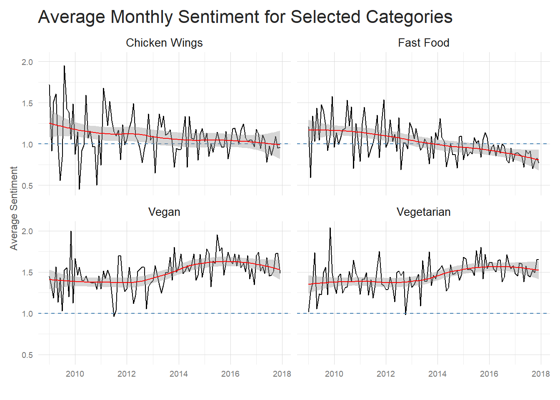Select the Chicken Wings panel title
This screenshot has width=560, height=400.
(x=164, y=43)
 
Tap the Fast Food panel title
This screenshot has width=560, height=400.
(x=423, y=43)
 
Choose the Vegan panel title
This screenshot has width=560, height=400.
(x=164, y=212)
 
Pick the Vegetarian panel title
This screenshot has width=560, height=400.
(x=423, y=212)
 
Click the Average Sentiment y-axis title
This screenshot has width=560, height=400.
(x=14, y=208)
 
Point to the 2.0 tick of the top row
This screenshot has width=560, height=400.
(x=27, y=62)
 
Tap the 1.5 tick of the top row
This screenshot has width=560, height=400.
(x=27, y=103)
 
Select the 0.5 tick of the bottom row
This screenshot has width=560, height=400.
(x=27, y=355)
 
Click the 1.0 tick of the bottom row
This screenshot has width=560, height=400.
(x=27, y=314)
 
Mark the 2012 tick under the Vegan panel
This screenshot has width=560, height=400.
(x=127, y=374)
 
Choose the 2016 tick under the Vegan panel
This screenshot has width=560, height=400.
(x=230, y=374)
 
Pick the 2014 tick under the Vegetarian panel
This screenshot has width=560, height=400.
(x=437, y=374)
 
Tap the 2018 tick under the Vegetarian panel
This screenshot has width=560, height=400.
(x=540, y=374)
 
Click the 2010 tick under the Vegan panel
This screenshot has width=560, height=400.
(x=75, y=374)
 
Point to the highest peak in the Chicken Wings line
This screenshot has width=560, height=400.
(x=64, y=66)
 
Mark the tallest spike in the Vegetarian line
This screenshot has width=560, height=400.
(x=330, y=228)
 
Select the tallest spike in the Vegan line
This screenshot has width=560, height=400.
(x=71, y=231)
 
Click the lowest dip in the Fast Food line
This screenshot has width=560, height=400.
(x=310, y=177)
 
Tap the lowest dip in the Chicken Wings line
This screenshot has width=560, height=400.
(x=79, y=189)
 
